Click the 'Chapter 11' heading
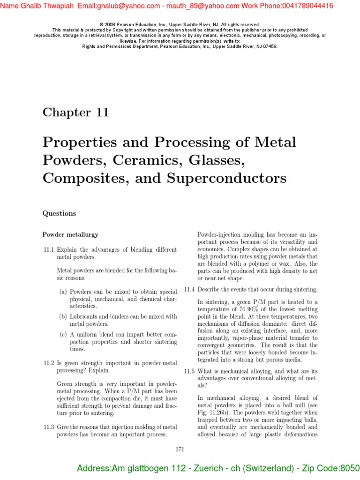tap(75, 112)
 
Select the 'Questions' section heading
tap(59, 213)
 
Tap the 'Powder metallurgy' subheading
tap(70, 234)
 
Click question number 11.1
tap(49, 249)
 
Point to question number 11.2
tap(49, 363)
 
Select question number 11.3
tap(49, 427)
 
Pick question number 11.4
tap(189, 289)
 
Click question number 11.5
tap(189, 371)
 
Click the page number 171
tap(180, 450)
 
